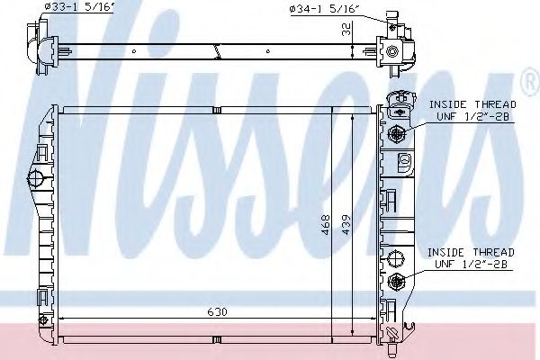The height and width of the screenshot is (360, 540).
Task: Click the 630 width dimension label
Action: point(215,312)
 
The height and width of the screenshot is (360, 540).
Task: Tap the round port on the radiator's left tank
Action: point(37,176)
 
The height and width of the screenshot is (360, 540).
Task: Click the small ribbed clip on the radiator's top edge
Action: point(216,111)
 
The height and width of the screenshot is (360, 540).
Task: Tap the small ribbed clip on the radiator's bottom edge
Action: point(216,339)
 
